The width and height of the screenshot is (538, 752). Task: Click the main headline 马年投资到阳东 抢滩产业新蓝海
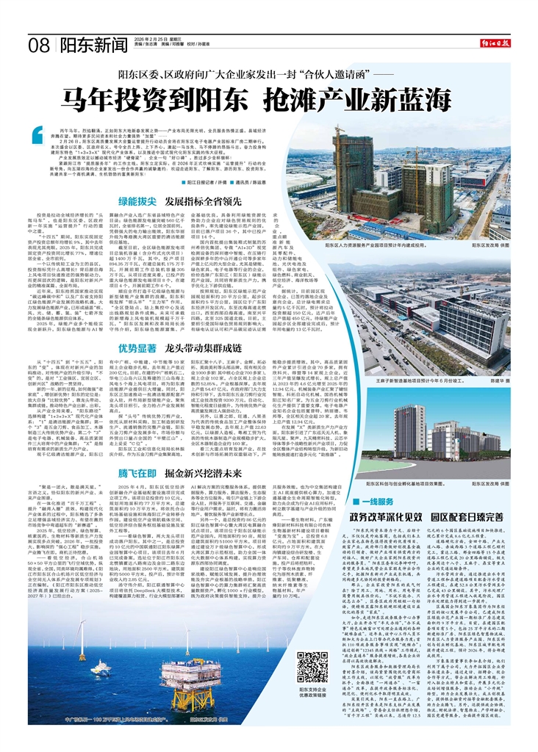[x=268, y=98]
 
